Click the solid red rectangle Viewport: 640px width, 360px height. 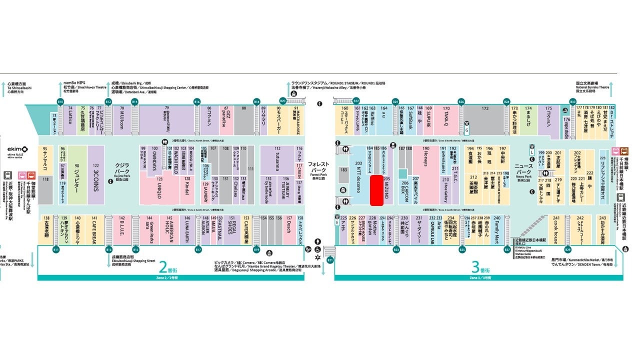pyautogui.click(x=376, y=190)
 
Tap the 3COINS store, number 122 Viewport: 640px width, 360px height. pyautogui.click(x=96, y=175)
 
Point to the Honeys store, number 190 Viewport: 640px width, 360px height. pyautogui.click(x=426, y=172)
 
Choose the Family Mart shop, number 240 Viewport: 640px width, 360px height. pyautogui.click(x=496, y=231)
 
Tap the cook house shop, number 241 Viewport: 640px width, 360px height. pyautogui.click(x=555, y=231)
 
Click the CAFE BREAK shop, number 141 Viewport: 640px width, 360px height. pyautogui.click(x=94, y=231)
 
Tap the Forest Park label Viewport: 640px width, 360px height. pyautogui.click(x=317, y=169)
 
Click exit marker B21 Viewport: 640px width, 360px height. pyautogui.click(x=329, y=260)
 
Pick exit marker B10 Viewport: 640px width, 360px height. pyautogui.click(x=60, y=102)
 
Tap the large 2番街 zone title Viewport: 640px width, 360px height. pyautogui.click(x=163, y=266)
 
